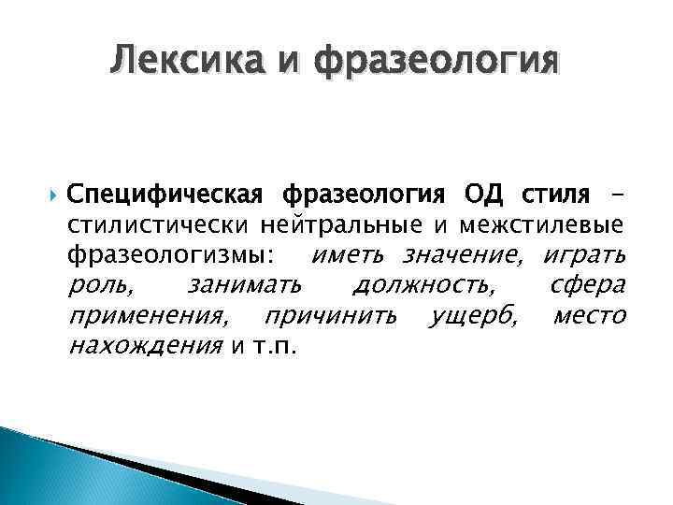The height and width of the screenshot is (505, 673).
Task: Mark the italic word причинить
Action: click(332, 316)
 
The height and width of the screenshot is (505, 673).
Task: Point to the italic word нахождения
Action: click(145, 347)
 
